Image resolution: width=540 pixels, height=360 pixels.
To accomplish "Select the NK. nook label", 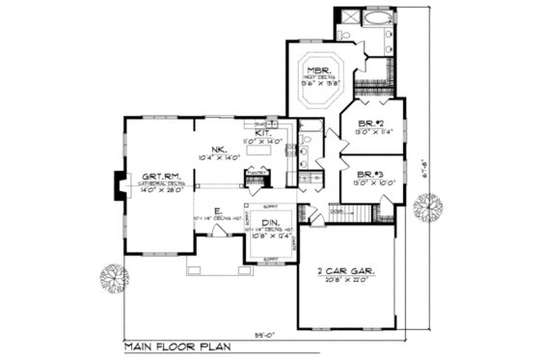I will [x=221, y=148].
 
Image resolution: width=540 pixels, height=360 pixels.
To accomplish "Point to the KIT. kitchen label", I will [x=263, y=133].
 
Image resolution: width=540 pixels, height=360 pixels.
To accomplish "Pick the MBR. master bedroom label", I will [x=320, y=71].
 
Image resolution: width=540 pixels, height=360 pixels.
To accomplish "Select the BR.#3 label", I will [x=369, y=172].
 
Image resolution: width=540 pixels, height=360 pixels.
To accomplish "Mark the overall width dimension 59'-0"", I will [x=263, y=334].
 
